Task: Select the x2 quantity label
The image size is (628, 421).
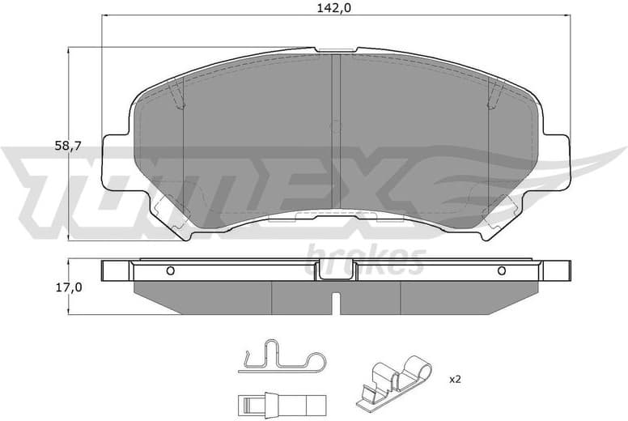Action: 454,378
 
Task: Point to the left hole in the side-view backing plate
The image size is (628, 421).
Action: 169,270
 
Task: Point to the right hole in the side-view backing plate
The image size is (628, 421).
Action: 501,270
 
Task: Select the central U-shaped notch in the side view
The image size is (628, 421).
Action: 335,273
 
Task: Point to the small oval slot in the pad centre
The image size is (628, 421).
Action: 335,126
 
